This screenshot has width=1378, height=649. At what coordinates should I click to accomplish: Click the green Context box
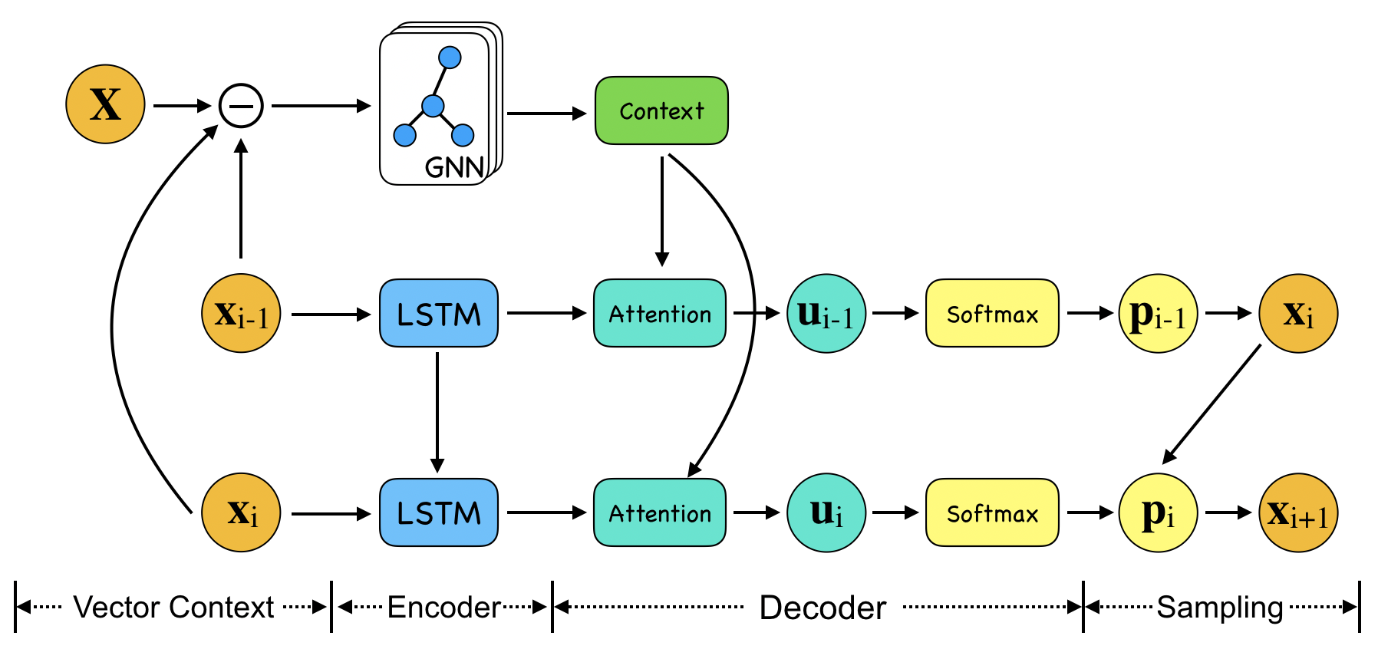click(661, 110)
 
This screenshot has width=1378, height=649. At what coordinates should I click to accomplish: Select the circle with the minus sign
click(241, 106)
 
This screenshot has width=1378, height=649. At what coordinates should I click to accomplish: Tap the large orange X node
click(105, 104)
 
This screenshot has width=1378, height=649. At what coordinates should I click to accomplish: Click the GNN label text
click(454, 166)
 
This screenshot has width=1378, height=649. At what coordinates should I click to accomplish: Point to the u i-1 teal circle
click(826, 313)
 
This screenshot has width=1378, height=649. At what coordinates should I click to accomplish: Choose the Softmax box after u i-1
click(992, 313)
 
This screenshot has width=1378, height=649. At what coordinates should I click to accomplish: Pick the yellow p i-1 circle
click(1158, 313)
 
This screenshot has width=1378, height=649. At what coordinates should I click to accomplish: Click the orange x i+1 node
click(1298, 512)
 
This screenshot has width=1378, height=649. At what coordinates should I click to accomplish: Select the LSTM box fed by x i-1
click(439, 313)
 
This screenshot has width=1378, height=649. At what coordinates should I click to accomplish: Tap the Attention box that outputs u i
click(660, 512)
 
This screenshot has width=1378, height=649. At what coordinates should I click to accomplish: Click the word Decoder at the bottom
click(823, 608)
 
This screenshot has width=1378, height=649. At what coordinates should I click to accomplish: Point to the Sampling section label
click(1220, 608)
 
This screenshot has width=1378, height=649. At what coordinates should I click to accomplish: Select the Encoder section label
click(444, 608)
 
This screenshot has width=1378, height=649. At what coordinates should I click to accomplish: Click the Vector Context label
click(173, 608)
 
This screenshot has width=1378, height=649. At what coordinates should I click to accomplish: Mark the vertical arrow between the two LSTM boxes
click(437, 412)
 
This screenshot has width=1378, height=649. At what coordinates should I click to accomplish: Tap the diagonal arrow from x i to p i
click(1212, 404)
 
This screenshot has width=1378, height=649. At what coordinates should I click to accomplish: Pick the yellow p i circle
click(1158, 512)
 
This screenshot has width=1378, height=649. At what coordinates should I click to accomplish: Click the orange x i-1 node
click(241, 313)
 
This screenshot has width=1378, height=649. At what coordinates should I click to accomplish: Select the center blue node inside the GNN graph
click(433, 106)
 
